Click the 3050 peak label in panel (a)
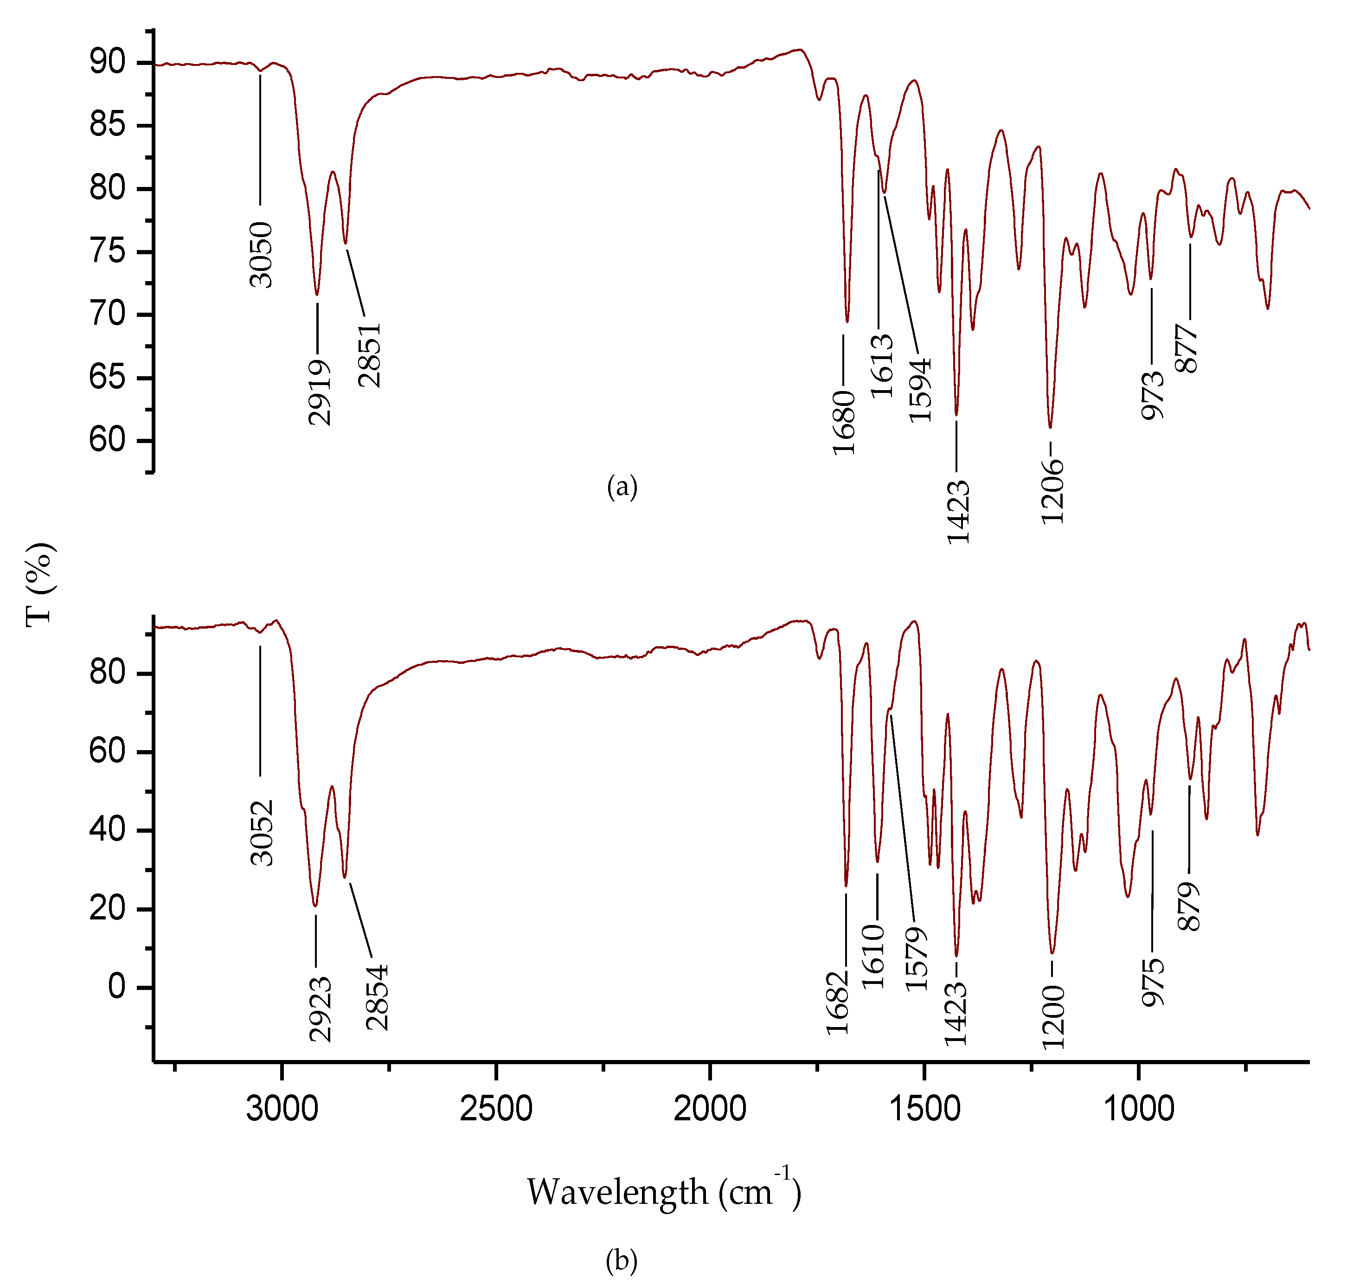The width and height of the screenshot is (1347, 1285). (x=261, y=254)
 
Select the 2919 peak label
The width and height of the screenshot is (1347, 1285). (x=320, y=392)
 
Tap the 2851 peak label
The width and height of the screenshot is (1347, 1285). (x=369, y=355)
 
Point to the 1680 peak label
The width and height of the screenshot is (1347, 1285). (x=844, y=422)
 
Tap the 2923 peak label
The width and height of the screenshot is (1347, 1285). (x=320, y=1009)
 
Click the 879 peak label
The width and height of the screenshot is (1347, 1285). (x=1189, y=906)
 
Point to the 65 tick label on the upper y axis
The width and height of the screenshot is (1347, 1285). (x=108, y=378)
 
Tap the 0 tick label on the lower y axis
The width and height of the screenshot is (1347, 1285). (x=117, y=987)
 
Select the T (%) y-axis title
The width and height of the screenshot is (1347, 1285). (x=40, y=584)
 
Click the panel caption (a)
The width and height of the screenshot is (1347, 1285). (x=622, y=487)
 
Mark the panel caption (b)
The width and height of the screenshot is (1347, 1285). (x=622, y=1260)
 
